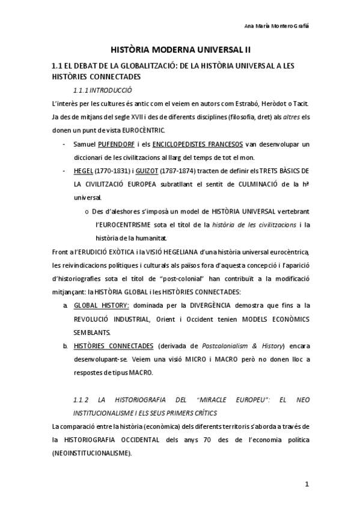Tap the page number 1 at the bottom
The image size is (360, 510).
click(307, 484)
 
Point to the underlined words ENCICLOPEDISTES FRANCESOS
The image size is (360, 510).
click(197, 145)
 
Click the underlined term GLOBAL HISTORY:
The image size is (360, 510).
click(101, 306)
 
